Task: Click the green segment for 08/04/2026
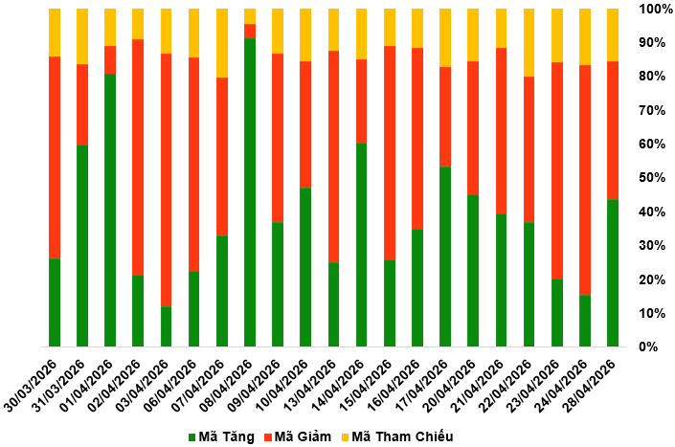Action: point(250,191)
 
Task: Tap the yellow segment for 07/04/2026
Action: point(222,43)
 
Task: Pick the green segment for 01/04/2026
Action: point(110,210)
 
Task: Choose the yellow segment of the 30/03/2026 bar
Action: point(55,33)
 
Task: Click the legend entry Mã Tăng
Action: point(222,437)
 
